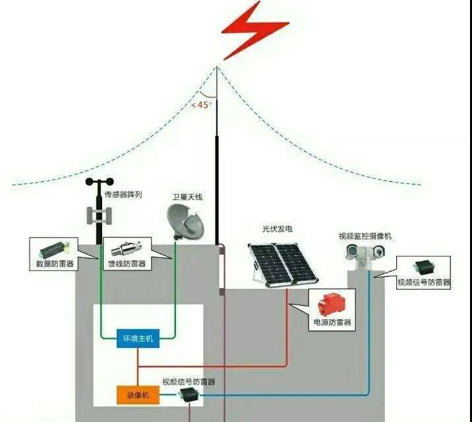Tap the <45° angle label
tap(202, 104)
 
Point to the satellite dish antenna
tap(186, 221)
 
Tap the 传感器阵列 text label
tap(124, 195)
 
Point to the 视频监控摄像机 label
tap(365, 236)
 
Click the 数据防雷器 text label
tap(55, 264)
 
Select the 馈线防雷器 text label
tap(127, 264)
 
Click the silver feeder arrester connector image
tap(127, 251)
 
